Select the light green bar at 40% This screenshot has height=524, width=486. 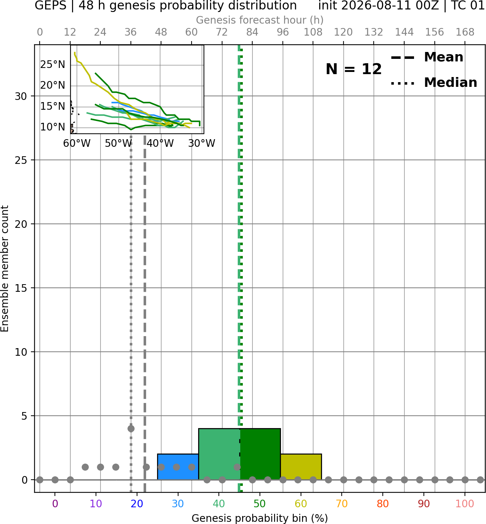pos(219,454)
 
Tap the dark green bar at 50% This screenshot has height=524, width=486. pos(260,454)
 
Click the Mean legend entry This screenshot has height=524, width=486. pos(427,57)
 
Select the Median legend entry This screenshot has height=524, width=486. pos(434,82)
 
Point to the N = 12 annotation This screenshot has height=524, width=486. pos(353,69)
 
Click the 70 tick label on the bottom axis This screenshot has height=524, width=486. pos(342,504)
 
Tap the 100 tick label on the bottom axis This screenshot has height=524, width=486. pos(465,504)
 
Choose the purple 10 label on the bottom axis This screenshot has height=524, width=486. pos(96,504)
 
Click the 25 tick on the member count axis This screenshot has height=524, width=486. pos(21,160)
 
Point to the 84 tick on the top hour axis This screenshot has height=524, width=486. pos(252,32)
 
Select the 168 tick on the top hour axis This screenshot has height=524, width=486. pos(465,32)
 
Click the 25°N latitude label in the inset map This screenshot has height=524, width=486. pos(53,64)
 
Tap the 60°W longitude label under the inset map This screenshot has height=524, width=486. pos(77,143)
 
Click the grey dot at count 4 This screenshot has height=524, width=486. pos(131,428)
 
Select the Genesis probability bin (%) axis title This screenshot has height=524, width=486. pos(260,518)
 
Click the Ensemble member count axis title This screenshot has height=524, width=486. pos(4,269)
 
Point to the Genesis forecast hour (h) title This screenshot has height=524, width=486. pos(260,20)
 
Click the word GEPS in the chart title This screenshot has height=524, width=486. pos(51,5)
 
